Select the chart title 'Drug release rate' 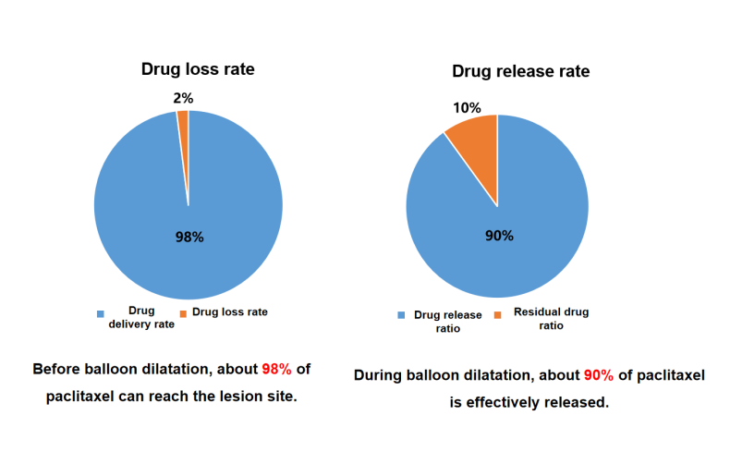pyautogui.click(x=520, y=71)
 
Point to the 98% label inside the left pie pyautogui.click(x=189, y=237)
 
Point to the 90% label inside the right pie pyautogui.click(x=499, y=236)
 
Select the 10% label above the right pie pyautogui.click(x=466, y=107)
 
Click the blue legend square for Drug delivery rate pyautogui.click(x=101, y=314)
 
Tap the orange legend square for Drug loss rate pyautogui.click(x=183, y=314)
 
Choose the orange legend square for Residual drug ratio pyautogui.click(x=498, y=315)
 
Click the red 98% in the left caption pyautogui.click(x=276, y=369)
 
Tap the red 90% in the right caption pyautogui.click(x=598, y=375)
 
